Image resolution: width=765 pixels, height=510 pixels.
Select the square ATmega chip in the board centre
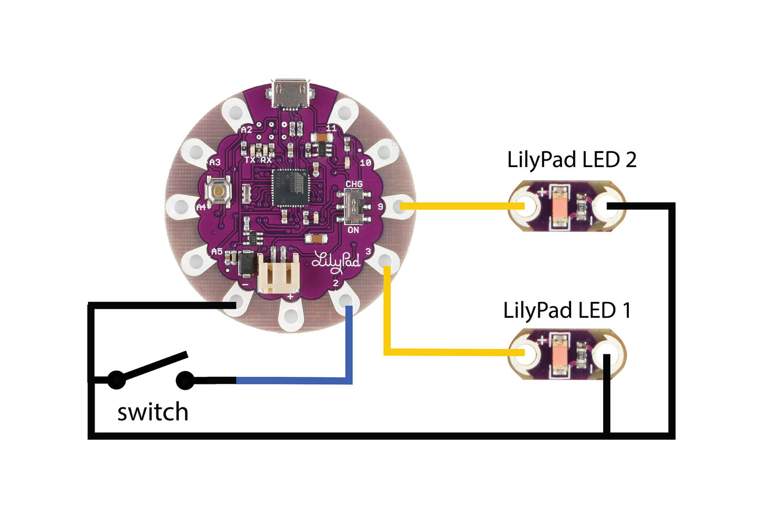[290, 187]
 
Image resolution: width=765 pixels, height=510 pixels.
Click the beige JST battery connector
[278, 275]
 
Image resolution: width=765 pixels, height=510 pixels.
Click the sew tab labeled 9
[399, 206]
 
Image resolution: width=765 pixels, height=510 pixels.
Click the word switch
[153, 412]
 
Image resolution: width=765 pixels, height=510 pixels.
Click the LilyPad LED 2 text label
[572, 159]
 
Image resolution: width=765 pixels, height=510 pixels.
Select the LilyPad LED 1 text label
[567, 310]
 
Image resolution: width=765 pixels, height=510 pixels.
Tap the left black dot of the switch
[116, 379]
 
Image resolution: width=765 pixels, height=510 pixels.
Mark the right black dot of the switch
[185, 380]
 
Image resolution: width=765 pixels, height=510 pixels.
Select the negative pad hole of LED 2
[608, 206]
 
